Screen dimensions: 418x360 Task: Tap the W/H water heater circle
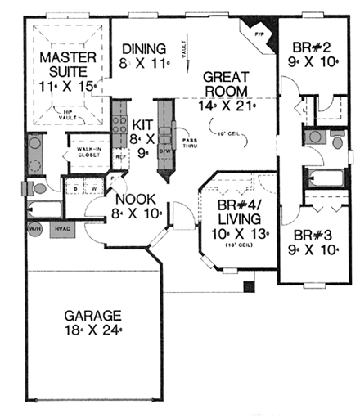click(x=35, y=229)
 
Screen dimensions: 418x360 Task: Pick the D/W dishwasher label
click(x=164, y=152)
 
